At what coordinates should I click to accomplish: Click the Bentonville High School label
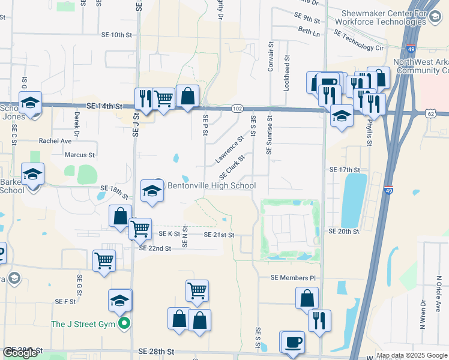click(211, 185)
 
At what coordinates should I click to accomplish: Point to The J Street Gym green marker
click(124, 325)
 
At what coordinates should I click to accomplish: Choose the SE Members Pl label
click(293, 278)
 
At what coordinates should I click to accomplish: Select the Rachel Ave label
click(55, 141)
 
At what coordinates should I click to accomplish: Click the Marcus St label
click(80, 155)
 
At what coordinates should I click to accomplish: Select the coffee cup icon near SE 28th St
click(293, 343)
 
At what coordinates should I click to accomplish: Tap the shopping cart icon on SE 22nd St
click(104, 260)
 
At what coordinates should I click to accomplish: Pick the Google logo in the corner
click(20, 353)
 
